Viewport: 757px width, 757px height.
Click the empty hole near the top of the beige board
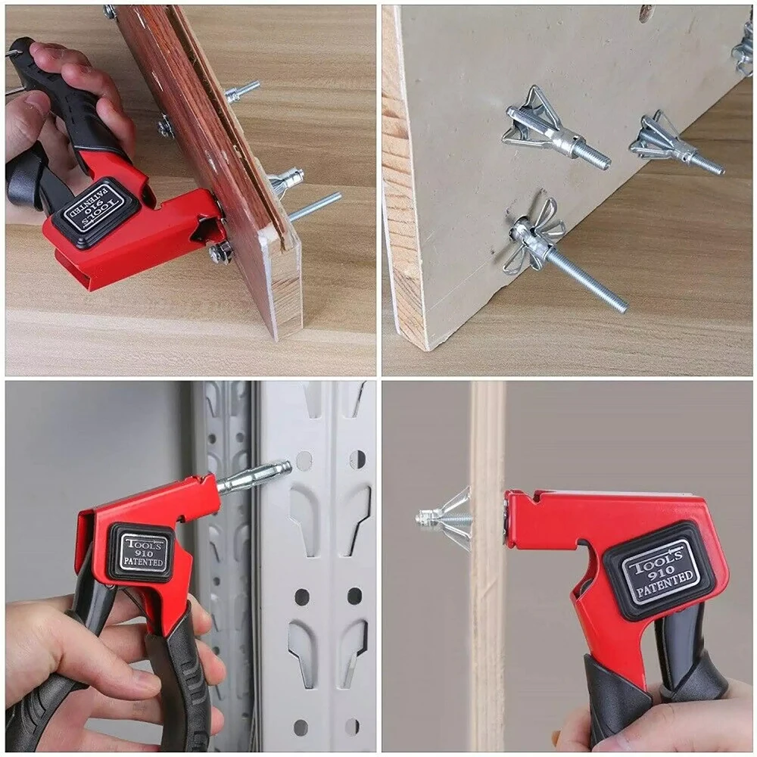coord(645,13)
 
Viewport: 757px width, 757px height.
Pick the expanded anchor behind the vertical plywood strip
coord(447,516)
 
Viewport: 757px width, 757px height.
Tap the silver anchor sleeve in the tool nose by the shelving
coord(254,476)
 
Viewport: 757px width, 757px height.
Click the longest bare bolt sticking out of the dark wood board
coord(313,206)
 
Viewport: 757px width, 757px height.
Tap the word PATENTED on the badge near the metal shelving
coord(142,564)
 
